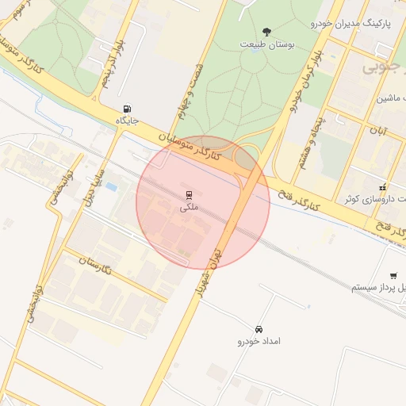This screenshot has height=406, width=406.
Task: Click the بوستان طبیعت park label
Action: (267, 45)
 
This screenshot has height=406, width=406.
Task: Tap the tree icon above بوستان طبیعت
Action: (267, 32)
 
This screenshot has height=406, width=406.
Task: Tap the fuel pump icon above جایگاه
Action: (127, 109)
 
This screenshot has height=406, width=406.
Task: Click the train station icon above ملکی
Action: (190, 194)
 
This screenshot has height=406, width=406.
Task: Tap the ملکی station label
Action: (190, 207)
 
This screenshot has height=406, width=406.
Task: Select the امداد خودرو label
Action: (259, 342)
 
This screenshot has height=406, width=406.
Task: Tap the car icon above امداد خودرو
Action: (259, 329)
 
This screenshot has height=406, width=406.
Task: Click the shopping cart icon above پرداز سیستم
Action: (394, 274)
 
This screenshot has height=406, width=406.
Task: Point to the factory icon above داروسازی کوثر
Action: (383, 188)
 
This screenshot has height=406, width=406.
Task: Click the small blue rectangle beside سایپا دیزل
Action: (111, 187)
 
